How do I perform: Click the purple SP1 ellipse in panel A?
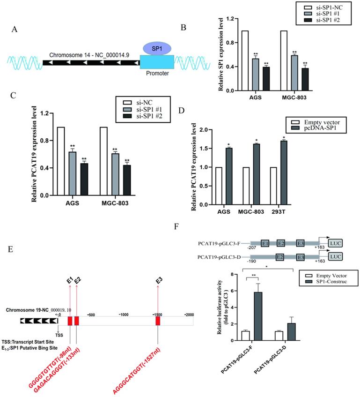click(156, 48)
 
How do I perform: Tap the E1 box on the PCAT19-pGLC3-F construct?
click(265, 244)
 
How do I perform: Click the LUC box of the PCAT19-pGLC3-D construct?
click(335, 257)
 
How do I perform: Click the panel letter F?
click(176, 227)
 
